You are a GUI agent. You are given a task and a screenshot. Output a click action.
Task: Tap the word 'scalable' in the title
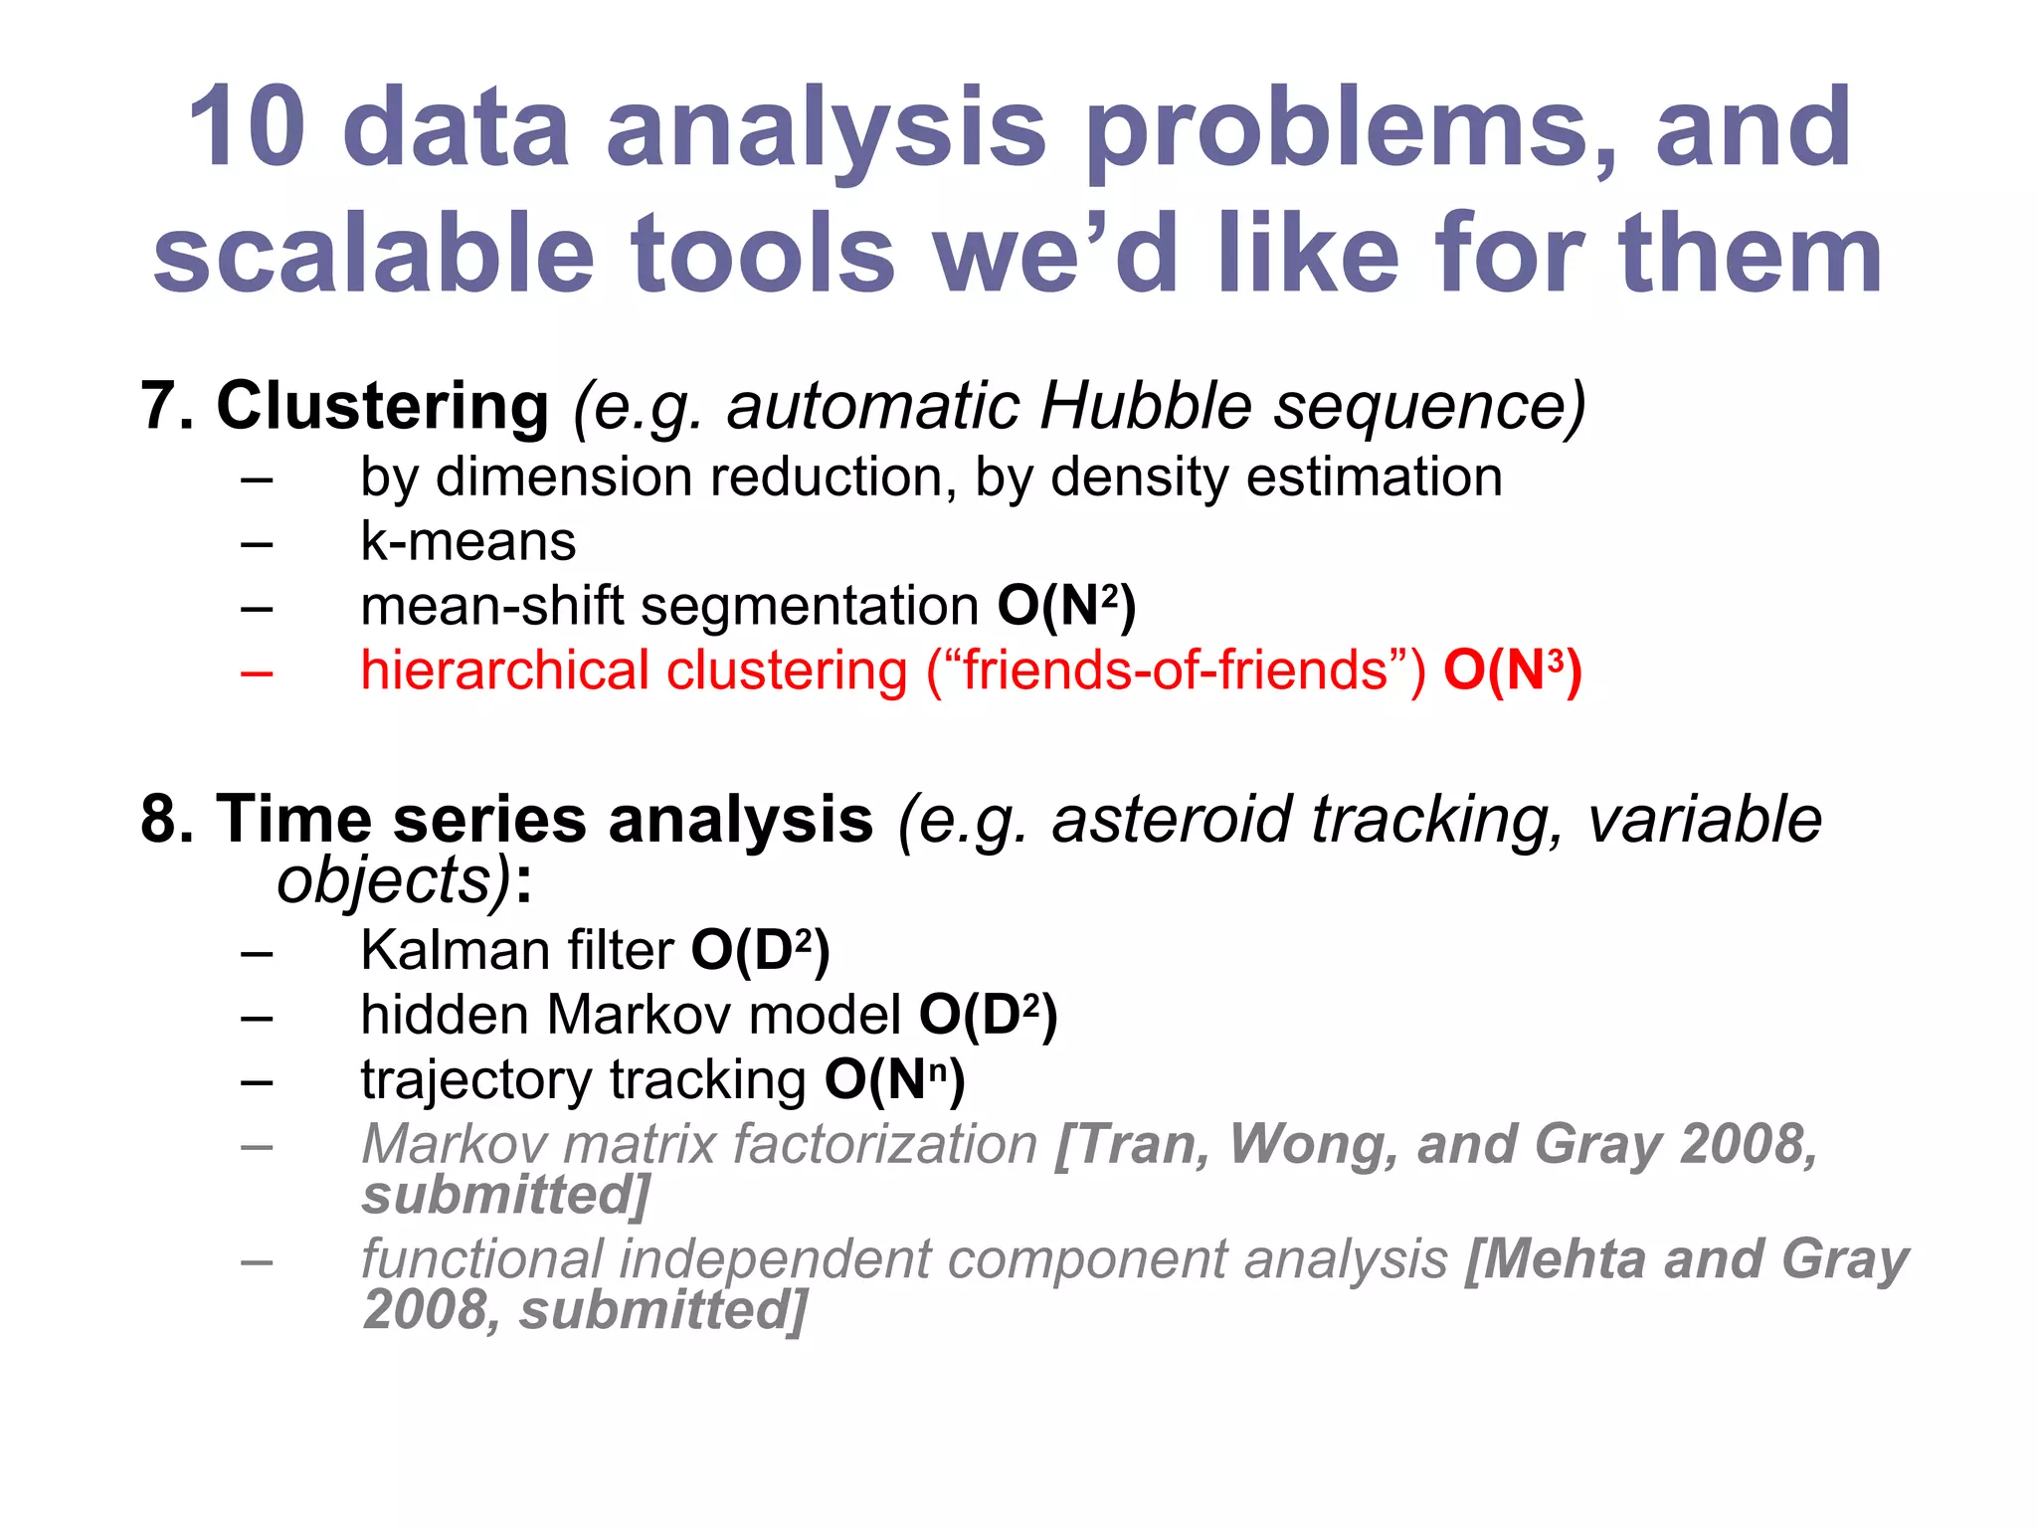pos(373,254)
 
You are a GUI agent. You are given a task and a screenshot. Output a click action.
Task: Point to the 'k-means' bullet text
pos(467,542)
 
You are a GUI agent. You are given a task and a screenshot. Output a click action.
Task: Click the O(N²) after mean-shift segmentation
pos(1066,606)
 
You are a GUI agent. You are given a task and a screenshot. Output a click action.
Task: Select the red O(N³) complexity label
pos(1513,670)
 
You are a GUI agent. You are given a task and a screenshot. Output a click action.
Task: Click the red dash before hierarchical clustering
pos(257,672)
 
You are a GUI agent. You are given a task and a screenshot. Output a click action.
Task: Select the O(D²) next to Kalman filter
pos(760,950)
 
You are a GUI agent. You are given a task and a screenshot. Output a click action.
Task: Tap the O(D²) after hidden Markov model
pos(988,1015)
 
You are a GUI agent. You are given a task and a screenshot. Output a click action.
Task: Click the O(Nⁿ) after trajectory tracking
pos(894,1079)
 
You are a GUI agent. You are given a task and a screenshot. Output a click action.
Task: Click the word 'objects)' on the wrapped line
pos(394,881)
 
